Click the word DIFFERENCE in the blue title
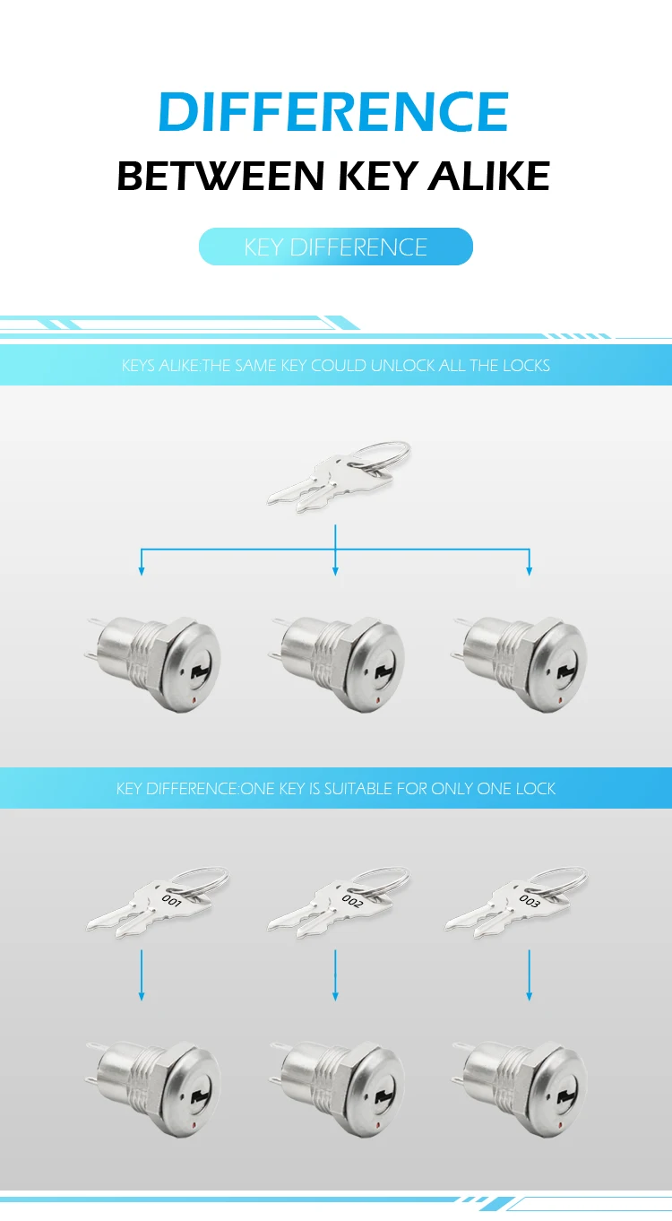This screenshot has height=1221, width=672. pyautogui.click(x=333, y=112)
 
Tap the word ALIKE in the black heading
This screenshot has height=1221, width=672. pyautogui.click(x=489, y=177)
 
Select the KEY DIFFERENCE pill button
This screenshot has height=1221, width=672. pyautogui.click(x=335, y=247)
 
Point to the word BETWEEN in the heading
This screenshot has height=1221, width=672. pyautogui.click(x=220, y=177)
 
